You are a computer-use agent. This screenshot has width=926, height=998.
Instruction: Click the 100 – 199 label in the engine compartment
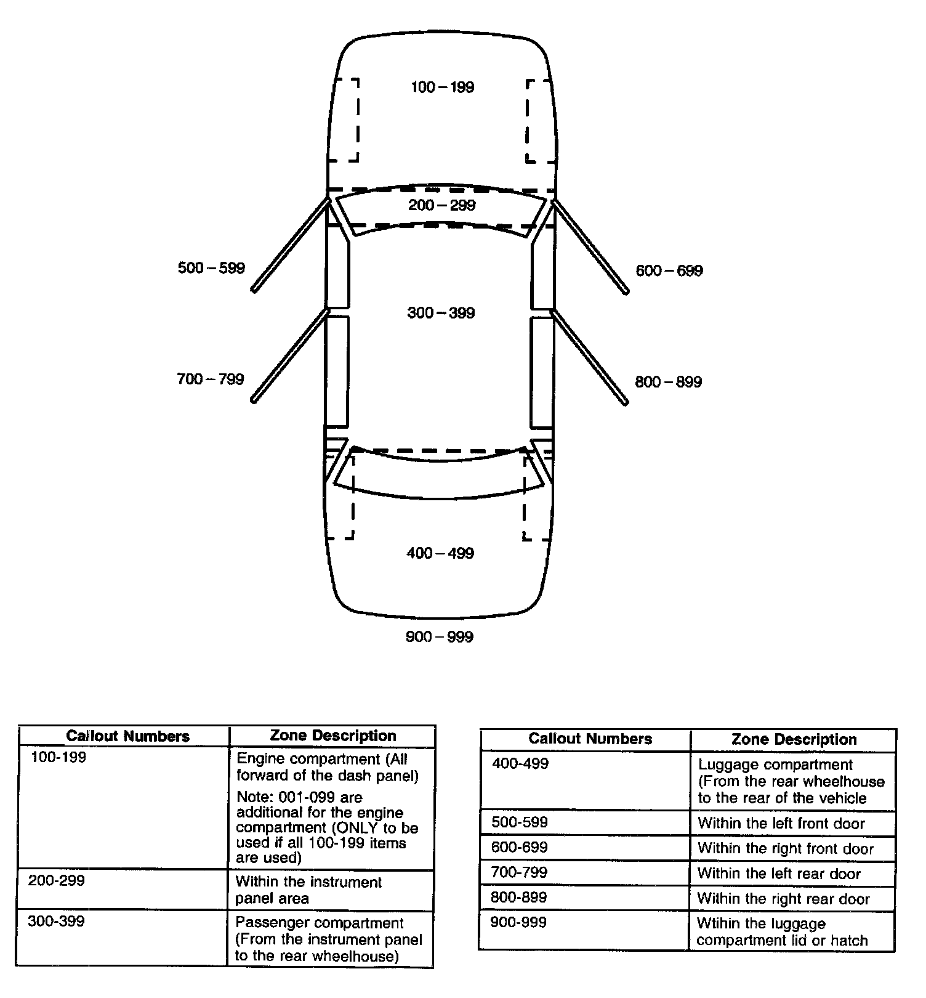(x=442, y=87)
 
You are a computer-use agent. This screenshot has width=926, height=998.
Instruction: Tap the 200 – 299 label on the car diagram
(x=441, y=205)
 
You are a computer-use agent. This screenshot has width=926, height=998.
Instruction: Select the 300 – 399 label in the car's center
(x=441, y=313)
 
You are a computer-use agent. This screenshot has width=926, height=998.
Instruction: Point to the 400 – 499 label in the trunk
(x=440, y=553)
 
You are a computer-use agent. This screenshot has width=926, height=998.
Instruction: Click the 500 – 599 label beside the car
(x=211, y=268)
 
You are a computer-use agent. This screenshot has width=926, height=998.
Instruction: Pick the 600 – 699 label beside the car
(x=669, y=270)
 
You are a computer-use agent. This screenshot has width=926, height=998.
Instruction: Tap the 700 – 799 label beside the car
(x=211, y=379)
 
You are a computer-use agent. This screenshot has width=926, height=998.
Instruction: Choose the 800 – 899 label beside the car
(x=668, y=382)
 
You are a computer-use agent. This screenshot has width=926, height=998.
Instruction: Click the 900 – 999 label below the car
(x=440, y=637)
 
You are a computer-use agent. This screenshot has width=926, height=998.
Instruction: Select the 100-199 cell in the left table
(x=58, y=757)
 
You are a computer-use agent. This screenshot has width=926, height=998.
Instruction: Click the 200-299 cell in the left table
(x=56, y=880)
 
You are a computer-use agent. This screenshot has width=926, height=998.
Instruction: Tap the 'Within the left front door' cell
(x=781, y=824)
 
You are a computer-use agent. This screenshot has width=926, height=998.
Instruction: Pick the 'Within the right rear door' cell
(x=783, y=899)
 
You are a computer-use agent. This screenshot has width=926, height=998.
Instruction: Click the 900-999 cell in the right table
(x=518, y=922)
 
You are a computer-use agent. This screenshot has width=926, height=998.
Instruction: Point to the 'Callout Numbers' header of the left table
(x=127, y=736)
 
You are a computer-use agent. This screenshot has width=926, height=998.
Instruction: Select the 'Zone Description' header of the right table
(x=794, y=739)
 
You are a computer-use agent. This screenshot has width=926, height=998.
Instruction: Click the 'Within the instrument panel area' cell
(x=308, y=890)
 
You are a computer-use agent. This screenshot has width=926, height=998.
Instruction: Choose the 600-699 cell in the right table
(x=519, y=848)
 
